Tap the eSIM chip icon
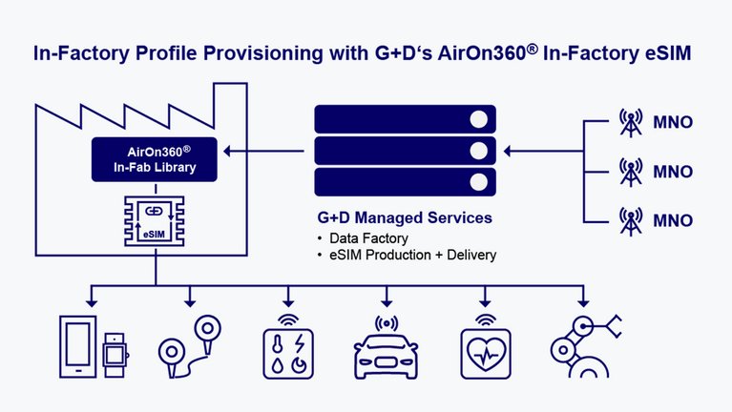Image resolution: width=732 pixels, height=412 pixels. click(154, 222)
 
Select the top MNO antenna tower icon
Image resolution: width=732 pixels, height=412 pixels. click(631, 123)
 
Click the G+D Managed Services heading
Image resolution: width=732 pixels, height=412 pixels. click(404, 217)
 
